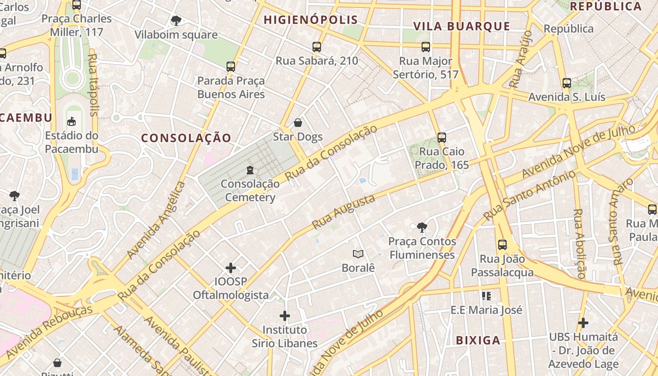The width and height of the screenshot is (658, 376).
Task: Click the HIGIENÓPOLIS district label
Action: click(x=311, y=20)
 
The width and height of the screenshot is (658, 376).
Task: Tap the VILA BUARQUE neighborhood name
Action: click(x=462, y=26)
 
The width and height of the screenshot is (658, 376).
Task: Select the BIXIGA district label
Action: click(x=478, y=340)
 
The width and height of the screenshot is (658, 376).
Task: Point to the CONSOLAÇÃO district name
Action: click(x=186, y=138)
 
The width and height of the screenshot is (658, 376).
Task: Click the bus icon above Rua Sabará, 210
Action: click(x=317, y=47)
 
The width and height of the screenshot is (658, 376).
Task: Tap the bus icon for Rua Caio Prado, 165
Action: click(x=441, y=138)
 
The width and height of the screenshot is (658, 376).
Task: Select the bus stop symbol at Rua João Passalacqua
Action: click(x=502, y=245)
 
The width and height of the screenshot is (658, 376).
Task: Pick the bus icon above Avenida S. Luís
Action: click(x=566, y=83)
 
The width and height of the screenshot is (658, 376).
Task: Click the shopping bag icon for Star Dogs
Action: click(x=298, y=123)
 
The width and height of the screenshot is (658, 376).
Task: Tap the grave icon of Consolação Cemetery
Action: click(x=250, y=170)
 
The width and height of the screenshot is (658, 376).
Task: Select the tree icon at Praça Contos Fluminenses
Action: click(x=422, y=227)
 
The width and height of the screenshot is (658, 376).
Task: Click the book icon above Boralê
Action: click(x=358, y=254)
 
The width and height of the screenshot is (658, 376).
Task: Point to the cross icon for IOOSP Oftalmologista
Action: click(x=231, y=268)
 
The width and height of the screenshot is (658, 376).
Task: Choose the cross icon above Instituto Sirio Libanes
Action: click(x=285, y=316)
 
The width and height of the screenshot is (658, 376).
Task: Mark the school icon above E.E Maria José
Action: click(x=486, y=296)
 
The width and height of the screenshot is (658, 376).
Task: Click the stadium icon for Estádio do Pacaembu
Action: click(x=71, y=122)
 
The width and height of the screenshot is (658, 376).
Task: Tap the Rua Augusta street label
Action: click(x=344, y=211)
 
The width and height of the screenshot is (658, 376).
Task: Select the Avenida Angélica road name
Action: click(x=157, y=220)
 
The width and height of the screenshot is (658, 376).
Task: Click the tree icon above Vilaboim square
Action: click(x=176, y=21)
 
